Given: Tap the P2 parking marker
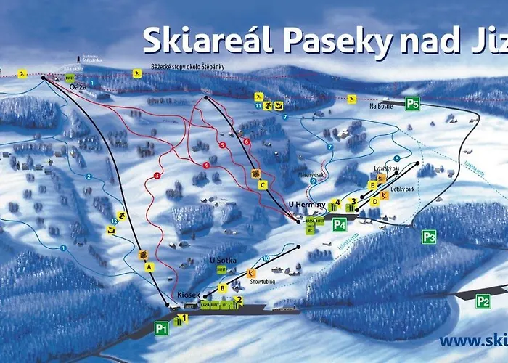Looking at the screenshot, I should (483, 299).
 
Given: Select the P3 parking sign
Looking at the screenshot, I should (429, 236).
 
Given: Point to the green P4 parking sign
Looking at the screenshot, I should (340, 224).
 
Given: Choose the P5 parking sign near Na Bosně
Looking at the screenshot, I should (412, 103).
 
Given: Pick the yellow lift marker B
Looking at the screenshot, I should (224, 287).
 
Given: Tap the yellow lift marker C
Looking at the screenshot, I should (263, 185).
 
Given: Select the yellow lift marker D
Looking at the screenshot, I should (375, 202).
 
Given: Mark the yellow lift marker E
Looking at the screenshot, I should (372, 185).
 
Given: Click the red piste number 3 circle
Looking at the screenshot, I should (157, 176).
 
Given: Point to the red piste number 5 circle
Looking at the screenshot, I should (222, 145).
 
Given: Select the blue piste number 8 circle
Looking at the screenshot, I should (397, 158).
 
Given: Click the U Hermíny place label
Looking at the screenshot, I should (304, 205).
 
